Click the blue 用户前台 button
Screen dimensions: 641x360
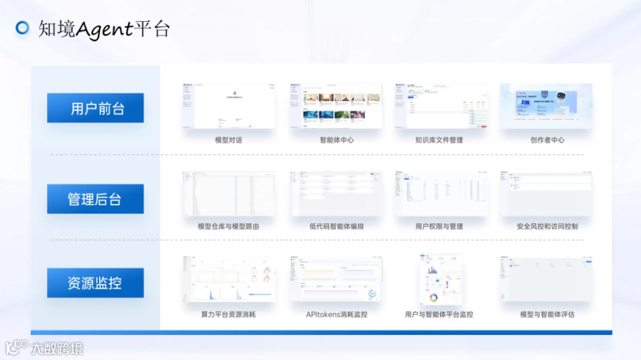click(x=96, y=108)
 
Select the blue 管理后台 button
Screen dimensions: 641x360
click(x=96, y=199)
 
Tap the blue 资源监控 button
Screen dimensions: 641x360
click(x=96, y=283)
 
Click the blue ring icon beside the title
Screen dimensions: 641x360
click(x=22, y=27)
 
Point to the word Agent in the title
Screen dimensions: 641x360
click(x=104, y=28)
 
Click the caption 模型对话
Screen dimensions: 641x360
click(x=228, y=140)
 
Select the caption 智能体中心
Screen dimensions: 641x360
click(x=337, y=140)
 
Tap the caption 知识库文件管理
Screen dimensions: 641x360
click(x=439, y=140)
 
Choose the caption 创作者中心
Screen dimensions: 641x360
click(x=547, y=140)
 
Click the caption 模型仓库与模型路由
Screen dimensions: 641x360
click(x=228, y=227)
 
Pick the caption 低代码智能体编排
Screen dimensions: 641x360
click(x=337, y=227)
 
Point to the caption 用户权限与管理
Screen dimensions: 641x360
click(x=439, y=227)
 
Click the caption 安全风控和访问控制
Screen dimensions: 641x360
click(x=547, y=227)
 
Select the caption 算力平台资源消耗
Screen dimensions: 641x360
click(x=228, y=314)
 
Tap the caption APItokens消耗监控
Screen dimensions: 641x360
click(x=337, y=314)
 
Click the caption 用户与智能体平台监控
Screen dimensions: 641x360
click(x=439, y=314)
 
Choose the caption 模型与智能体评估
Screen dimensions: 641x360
click(x=547, y=314)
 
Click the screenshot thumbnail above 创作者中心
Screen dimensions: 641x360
click(x=546, y=106)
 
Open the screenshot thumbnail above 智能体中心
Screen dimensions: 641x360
click(x=336, y=106)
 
